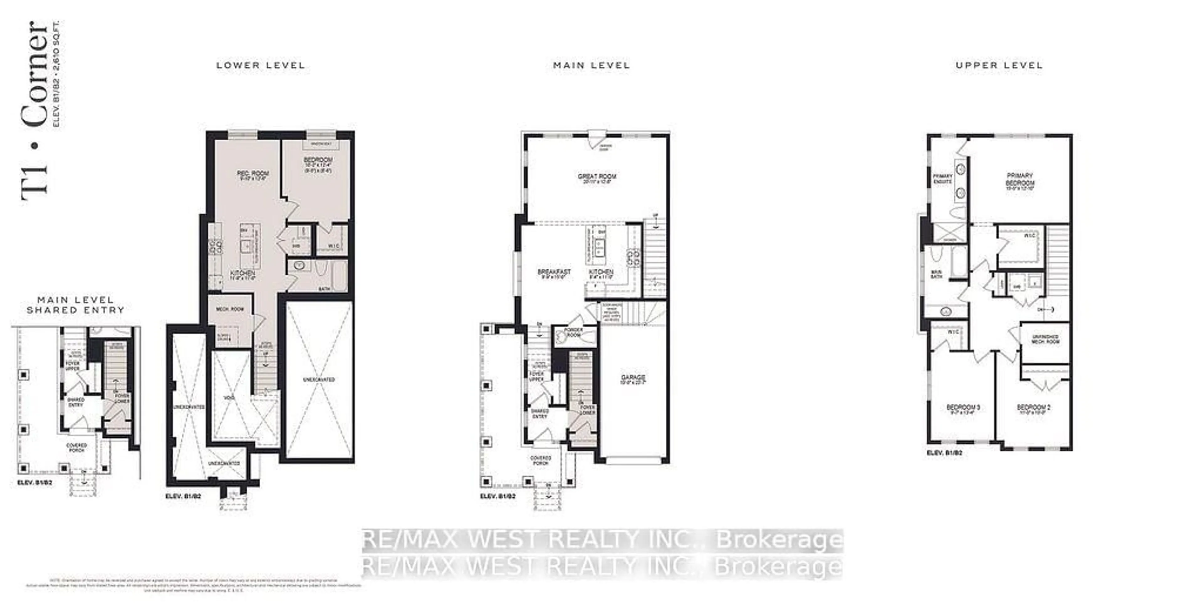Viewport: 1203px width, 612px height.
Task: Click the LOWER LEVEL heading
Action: [x=261, y=65]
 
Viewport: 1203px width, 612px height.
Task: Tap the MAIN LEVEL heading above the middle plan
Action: [x=591, y=65]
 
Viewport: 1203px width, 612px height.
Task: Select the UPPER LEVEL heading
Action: [x=999, y=65]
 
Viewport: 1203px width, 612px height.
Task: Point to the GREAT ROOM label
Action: [x=597, y=176]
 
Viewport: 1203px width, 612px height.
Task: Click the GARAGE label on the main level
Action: [x=633, y=377]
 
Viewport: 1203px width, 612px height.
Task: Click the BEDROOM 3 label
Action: [x=962, y=407]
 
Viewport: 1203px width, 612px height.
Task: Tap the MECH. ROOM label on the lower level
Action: [x=230, y=309]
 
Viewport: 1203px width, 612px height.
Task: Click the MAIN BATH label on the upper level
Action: [x=936, y=274]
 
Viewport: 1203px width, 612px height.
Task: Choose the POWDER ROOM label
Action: [x=574, y=332]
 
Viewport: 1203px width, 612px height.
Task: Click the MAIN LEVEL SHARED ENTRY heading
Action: [x=76, y=305]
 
